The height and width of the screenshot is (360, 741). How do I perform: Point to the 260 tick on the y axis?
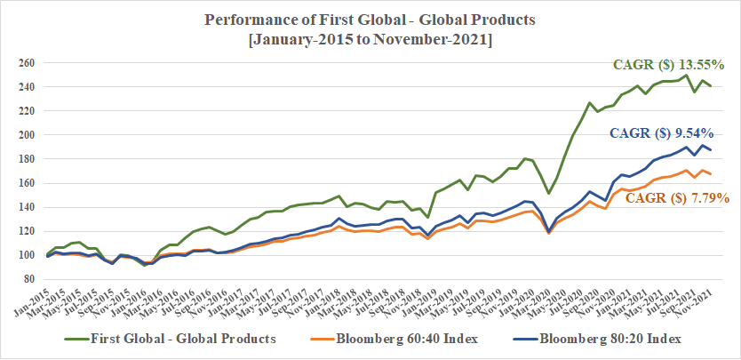coord(29,64)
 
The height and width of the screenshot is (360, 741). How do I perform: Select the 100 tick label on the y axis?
coord(29,256)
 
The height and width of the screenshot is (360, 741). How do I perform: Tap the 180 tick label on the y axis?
coord(29,160)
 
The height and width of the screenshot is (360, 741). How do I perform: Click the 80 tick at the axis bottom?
coord(32,280)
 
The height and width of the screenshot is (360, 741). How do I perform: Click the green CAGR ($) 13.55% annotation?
coord(669,65)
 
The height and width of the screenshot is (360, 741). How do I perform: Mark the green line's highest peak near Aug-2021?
coord(687,75)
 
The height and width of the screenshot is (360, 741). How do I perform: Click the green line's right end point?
coord(711,86)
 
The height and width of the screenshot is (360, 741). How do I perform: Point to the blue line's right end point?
coord(711,149)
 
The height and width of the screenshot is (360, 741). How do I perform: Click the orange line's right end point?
coord(711,173)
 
